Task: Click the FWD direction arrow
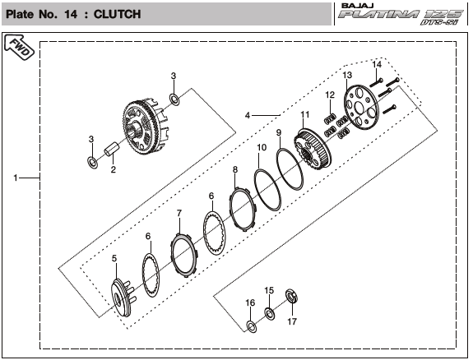pos(19,47)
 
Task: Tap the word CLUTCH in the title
pos(117,14)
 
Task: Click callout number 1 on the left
pos(16,178)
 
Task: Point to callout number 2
pos(114,169)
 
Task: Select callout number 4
pos(248,115)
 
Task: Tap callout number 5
pos(114,258)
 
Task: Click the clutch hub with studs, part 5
pos(123,298)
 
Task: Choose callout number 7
pos(179,213)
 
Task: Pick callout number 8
pos(235,169)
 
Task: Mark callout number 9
pos(279,132)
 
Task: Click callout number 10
pos(262,147)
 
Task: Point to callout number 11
pos(305,114)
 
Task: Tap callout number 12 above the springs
pos(330,95)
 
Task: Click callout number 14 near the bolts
pos(377,64)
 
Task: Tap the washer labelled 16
pos(252,326)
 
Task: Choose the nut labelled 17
pos(292,296)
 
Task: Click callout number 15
pos(269,290)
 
